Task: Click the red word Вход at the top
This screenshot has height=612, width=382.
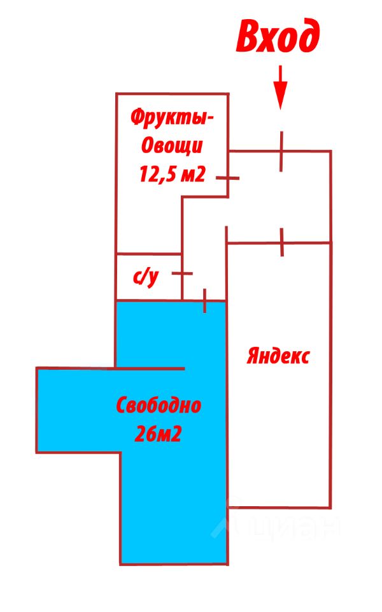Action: click(277, 36)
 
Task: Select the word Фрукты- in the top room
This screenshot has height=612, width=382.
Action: click(172, 118)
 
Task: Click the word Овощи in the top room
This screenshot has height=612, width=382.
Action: click(171, 145)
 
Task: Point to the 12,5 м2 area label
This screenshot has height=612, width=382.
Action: click(172, 173)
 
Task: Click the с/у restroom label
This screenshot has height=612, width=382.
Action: click(145, 276)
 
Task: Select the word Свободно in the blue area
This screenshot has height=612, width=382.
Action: click(159, 405)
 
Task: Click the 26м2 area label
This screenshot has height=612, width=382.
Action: click(159, 433)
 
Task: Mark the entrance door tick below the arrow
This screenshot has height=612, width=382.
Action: click(281, 151)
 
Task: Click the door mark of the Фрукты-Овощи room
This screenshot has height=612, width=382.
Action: click(227, 178)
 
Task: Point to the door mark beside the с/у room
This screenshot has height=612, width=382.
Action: click(182, 273)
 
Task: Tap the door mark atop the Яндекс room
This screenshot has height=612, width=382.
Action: click(281, 242)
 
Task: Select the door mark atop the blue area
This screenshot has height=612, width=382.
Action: click(204, 300)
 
